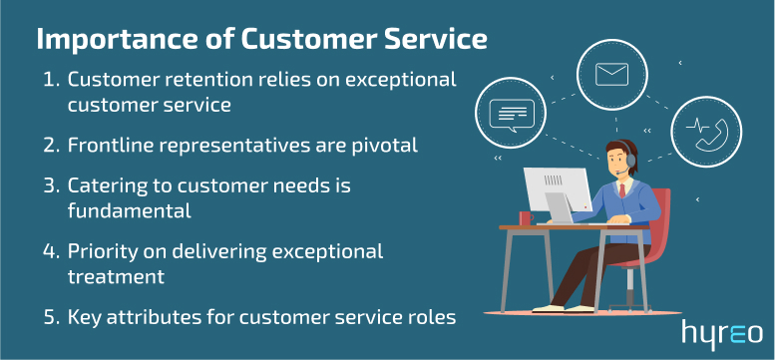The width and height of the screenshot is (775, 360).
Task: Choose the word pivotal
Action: click(383, 145)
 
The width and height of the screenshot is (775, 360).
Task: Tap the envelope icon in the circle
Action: click(609, 74)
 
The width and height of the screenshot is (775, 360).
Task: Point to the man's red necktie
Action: click(622, 190)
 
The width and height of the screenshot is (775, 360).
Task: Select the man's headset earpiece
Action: click(629, 160)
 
